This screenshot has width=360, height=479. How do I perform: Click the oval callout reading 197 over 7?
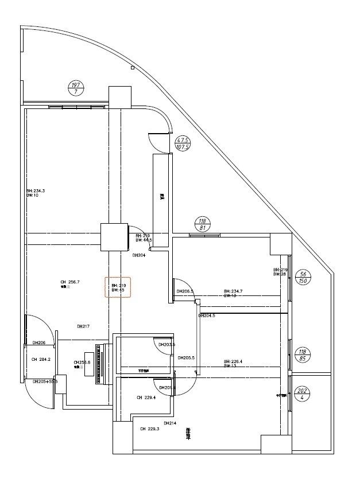coord(76,88)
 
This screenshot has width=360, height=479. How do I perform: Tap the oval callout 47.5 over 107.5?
coord(183,143)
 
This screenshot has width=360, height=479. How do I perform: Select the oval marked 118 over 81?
coord(202,224)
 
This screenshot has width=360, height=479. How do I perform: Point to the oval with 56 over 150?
coord(304,278)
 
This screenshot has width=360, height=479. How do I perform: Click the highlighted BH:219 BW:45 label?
coord(118,287)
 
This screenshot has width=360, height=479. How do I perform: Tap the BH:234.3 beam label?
coord(35,190)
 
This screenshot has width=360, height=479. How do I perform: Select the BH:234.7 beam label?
coord(233,291)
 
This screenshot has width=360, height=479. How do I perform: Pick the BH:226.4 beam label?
coord(233,361)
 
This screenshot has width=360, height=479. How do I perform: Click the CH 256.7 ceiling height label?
coord(69,282)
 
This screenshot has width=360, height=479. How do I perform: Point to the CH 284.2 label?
coord(41,360)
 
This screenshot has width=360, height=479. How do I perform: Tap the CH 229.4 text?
coord(147,397)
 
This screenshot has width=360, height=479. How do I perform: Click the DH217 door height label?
coord(83,326)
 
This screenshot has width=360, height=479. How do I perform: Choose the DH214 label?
coord(169,423)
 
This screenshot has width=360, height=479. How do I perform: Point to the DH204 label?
coord(138,255)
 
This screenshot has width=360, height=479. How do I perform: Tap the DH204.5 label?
coord(207,316)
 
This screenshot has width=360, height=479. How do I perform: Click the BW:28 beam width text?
coord(280,274)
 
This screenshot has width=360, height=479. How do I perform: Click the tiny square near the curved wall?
coord(133,68)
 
